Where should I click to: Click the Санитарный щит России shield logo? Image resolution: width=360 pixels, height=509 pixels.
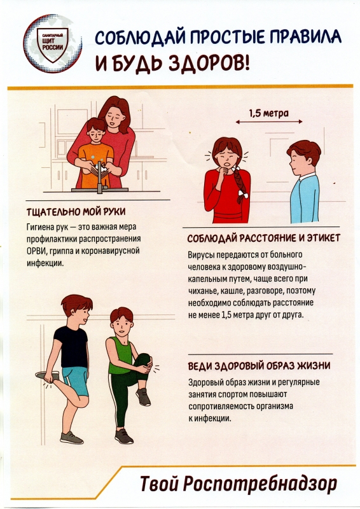(x=52, y=44)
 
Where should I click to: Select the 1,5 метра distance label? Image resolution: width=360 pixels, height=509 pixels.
(x=269, y=113)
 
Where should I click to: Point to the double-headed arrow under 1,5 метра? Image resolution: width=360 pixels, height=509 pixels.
(x=269, y=122)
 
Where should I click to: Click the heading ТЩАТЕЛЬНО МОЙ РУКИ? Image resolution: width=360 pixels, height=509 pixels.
(x=76, y=212)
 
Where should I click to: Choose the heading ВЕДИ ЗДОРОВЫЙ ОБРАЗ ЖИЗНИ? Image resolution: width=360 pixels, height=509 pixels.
(x=259, y=366)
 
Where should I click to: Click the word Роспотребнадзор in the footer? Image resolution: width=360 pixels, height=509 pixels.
(x=260, y=484)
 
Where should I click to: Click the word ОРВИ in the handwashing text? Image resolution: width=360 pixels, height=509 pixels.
(x=37, y=251)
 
